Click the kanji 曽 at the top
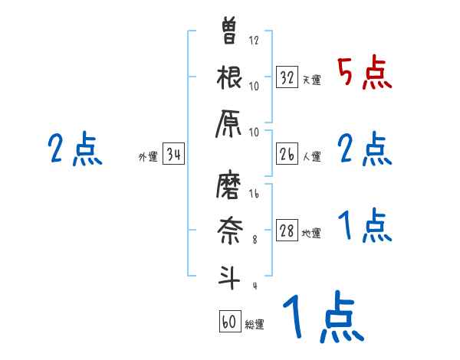click(230, 32)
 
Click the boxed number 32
click(287, 77)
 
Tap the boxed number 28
click(287, 231)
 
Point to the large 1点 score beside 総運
click(322, 318)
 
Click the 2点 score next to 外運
click(74, 149)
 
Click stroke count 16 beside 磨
click(255, 195)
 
